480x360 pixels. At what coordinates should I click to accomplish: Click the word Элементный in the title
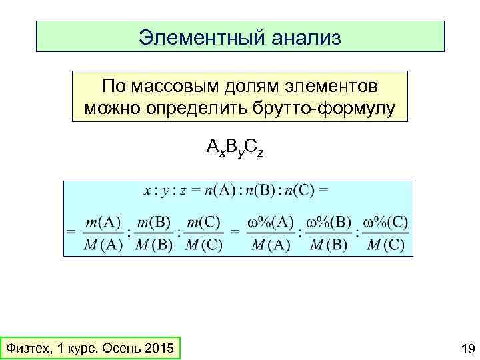[193, 37]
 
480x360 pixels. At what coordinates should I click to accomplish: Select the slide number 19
[467, 349]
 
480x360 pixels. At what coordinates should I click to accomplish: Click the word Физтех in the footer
[26, 349]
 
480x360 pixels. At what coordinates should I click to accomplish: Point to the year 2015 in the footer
[157, 349]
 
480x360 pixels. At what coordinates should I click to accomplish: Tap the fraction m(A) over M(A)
[104, 233]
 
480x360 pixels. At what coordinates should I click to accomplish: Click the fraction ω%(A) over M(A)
[272, 233]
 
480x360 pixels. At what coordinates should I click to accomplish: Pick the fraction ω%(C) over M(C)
[387, 233]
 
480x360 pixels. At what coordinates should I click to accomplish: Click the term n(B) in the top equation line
[256, 190]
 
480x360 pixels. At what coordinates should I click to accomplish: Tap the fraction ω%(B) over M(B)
[329, 233]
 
